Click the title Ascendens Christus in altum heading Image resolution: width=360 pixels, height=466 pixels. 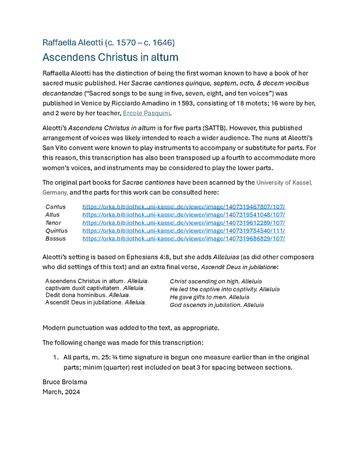pyautogui.click(x=110, y=57)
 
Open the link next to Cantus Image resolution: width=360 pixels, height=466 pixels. pyautogui.click(x=183, y=207)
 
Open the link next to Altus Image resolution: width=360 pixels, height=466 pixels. pyautogui.click(x=183, y=215)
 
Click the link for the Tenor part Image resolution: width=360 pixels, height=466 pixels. pyautogui.click(x=183, y=223)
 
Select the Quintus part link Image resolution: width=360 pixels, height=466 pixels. pyautogui.click(x=183, y=231)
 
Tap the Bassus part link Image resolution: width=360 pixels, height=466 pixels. pyautogui.click(x=183, y=238)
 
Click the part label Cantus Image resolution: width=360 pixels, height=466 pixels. pyautogui.click(x=55, y=207)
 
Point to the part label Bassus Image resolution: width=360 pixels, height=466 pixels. pyautogui.click(x=55, y=238)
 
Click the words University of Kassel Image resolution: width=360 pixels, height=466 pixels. pyautogui.click(x=284, y=182)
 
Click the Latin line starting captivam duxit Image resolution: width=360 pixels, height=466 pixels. pyautogui.click(x=95, y=288)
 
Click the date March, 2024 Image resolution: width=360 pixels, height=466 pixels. pyautogui.click(x=61, y=392)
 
